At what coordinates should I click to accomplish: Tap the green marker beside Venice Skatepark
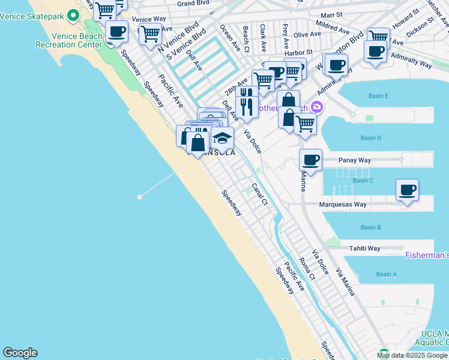tap(74, 14)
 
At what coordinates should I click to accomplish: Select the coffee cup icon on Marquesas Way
tap(407, 191)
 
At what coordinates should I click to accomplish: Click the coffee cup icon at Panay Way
tap(310, 160)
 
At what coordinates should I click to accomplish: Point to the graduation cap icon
tap(222, 138)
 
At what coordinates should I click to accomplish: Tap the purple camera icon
tap(316, 108)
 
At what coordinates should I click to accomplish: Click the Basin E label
tap(378, 96)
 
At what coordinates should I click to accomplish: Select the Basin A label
tap(386, 274)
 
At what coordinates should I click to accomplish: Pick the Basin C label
tap(363, 181)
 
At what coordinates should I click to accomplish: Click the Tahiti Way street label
tap(366, 248)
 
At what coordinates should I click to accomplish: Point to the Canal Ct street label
tap(259, 194)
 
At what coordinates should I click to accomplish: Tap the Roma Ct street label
tap(307, 269)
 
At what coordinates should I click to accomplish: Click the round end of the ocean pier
tap(140, 196)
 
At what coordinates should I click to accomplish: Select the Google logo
tap(20, 353)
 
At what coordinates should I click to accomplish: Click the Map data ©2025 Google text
tap(412, 355)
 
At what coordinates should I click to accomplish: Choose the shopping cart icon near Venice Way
tap(149, 34)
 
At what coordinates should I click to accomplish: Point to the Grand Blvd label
tap(193, 4)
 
